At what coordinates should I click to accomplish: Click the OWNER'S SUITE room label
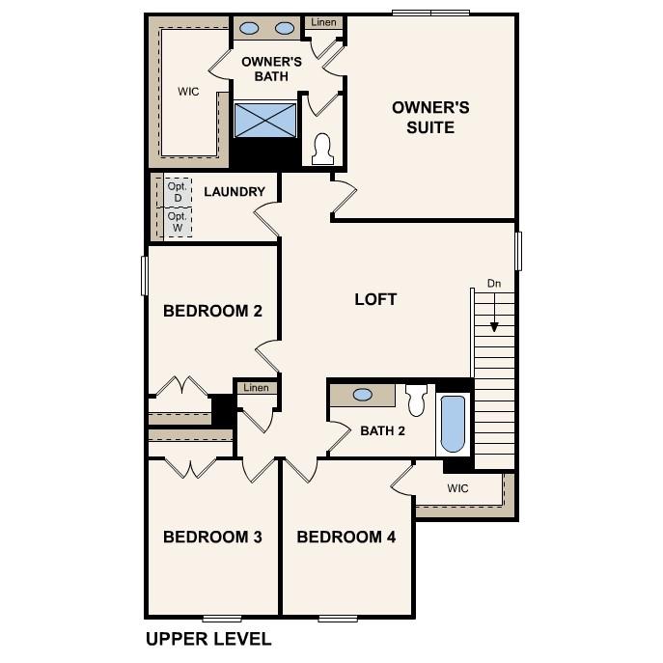[429, 117]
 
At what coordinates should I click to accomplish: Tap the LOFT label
[375, 299]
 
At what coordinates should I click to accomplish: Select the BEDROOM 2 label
[212, 311]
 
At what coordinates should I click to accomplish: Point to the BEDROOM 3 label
[212, 538]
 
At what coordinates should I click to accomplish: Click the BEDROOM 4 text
[345, 538]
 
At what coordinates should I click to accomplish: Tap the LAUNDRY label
[234, 192]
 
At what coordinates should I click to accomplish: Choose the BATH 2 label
[382, 430]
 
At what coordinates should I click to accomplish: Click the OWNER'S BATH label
[271, 69]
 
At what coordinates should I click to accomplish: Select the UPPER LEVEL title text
[208, 639]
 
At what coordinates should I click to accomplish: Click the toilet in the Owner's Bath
[322, 149]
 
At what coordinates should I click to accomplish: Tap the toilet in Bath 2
[417, 398]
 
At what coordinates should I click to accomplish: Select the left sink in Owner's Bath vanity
[249, 29]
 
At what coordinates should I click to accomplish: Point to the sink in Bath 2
[364, 395]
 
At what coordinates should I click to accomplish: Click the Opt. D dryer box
[177, 192]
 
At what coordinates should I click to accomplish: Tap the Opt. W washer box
[177, 223]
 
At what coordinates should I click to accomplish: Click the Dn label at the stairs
[494, 284]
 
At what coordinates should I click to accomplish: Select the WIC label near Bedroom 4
[457, 488]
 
